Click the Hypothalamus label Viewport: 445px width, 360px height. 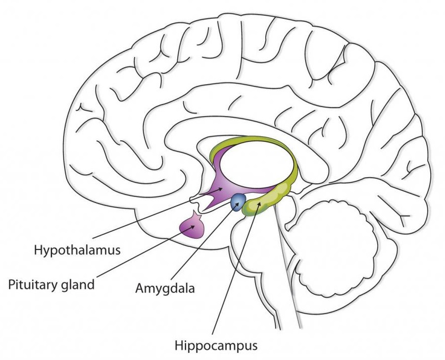(76, 249)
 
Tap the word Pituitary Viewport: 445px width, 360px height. (33, 284)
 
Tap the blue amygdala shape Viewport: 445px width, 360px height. (237, 203)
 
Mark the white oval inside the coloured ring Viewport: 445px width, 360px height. (258, 164)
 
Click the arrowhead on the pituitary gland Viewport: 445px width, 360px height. (194, 227)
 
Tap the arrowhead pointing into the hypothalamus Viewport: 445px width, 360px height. (220, 188)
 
